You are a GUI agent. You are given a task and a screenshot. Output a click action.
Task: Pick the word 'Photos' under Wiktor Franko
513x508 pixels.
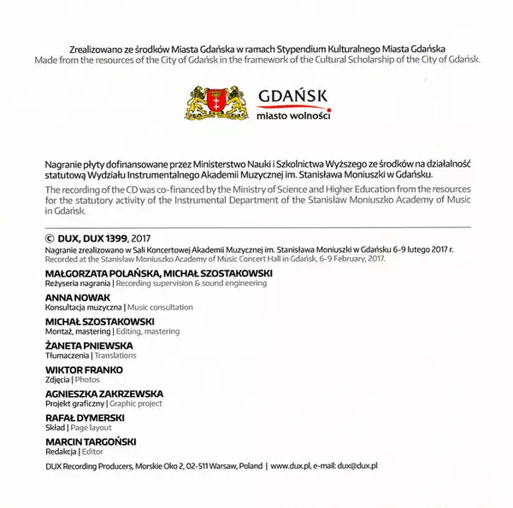click(x=87, y=380)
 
